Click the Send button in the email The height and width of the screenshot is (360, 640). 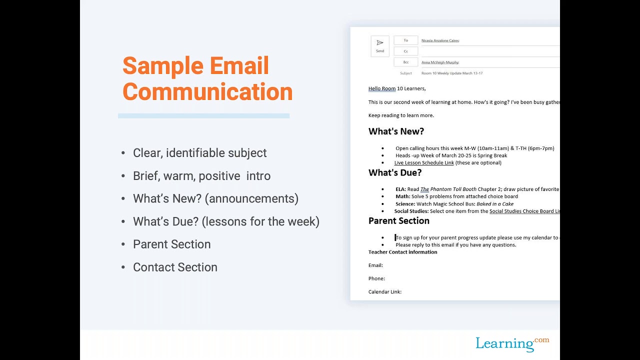pos(380,46)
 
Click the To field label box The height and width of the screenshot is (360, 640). pos(406,40)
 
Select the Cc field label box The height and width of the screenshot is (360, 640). pos(406,51)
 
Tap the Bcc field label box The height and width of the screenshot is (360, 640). pos(406,62)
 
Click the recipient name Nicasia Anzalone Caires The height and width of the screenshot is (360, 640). pos(440,40)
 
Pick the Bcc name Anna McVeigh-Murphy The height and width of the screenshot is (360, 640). pos(440,62)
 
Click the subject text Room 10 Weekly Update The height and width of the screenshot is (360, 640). pos(452,73)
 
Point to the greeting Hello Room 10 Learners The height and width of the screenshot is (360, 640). pos(397,88)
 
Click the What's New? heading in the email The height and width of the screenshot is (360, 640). pos(396,131)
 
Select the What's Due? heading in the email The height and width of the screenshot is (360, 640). pos(395,172)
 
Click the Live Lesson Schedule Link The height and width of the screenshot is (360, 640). pos(424,163)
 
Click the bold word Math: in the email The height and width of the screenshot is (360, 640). pos(402,196)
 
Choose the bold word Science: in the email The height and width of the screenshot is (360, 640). pos(405,204)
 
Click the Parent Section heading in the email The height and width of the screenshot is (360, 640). pos(398,221)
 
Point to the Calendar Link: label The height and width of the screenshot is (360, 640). pos(385,292)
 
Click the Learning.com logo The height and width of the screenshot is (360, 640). pos(512,343)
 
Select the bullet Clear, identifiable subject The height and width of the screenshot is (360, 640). pos(199,153)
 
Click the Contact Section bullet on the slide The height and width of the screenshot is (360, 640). pos(175,267)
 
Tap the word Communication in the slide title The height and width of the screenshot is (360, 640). pos(207,92)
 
